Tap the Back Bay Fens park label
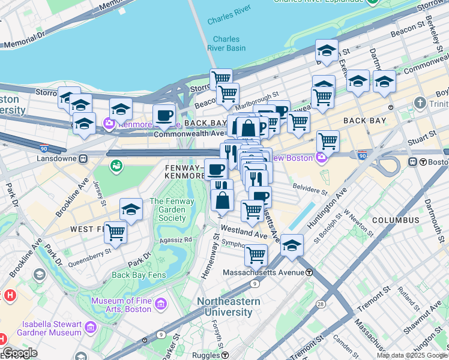coord(137,275)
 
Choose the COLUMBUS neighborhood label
coord(395,220)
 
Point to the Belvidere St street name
coord(310,189)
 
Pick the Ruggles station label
coord(206,355)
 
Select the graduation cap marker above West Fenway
coord(131,209)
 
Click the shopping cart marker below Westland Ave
coord(256,254)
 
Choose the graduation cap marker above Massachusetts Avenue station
coord(292,245)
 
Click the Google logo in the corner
coord(20,353)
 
